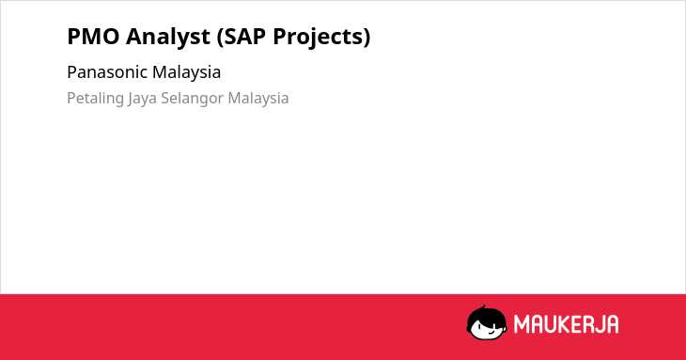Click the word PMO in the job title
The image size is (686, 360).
tap(93, 37)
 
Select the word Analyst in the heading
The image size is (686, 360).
tap(168, 37)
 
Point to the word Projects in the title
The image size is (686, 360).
tap(318, 38)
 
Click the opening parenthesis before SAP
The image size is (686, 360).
tap(220, 38)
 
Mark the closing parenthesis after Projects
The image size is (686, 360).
tap(366, 38)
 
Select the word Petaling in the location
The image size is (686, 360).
tap(95, 99)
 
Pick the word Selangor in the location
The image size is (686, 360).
tap(193, 99)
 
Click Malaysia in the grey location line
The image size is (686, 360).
tap(258, 99)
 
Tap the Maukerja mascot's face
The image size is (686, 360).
tap(487, 325)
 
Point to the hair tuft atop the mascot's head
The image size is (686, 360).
tap(483, 307)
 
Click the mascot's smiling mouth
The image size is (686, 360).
tap(491, 331)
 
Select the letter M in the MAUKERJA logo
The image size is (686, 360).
tap(522, 324)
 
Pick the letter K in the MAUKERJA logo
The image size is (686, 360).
tap(565, 324)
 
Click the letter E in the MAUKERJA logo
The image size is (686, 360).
tap(577, 324)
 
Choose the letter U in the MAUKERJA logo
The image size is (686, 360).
tap(551, 324)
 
